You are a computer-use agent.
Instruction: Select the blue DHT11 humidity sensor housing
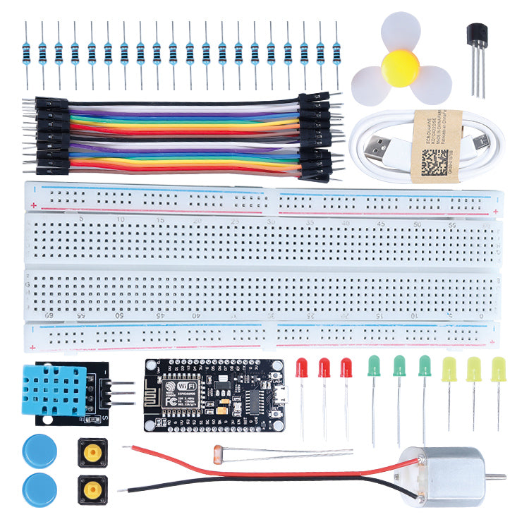pyautogui.click(x=54, y=390)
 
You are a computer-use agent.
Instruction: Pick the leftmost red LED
pyautogui.click(x=302, y=367)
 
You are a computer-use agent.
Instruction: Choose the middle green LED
pyautogui.click(x=399, y=365)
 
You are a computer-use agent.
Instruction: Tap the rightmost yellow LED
pyautogui.click(x=499, y=369)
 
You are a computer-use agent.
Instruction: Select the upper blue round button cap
pyautogui.click(x=39, y=451)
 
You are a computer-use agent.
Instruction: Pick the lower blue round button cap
pyautogui.click(x=39, y=490)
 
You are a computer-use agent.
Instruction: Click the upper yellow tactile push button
pyautogui.click(x=93, y=452)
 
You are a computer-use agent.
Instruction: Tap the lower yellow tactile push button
pyautogui.click(x=93, y=489)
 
